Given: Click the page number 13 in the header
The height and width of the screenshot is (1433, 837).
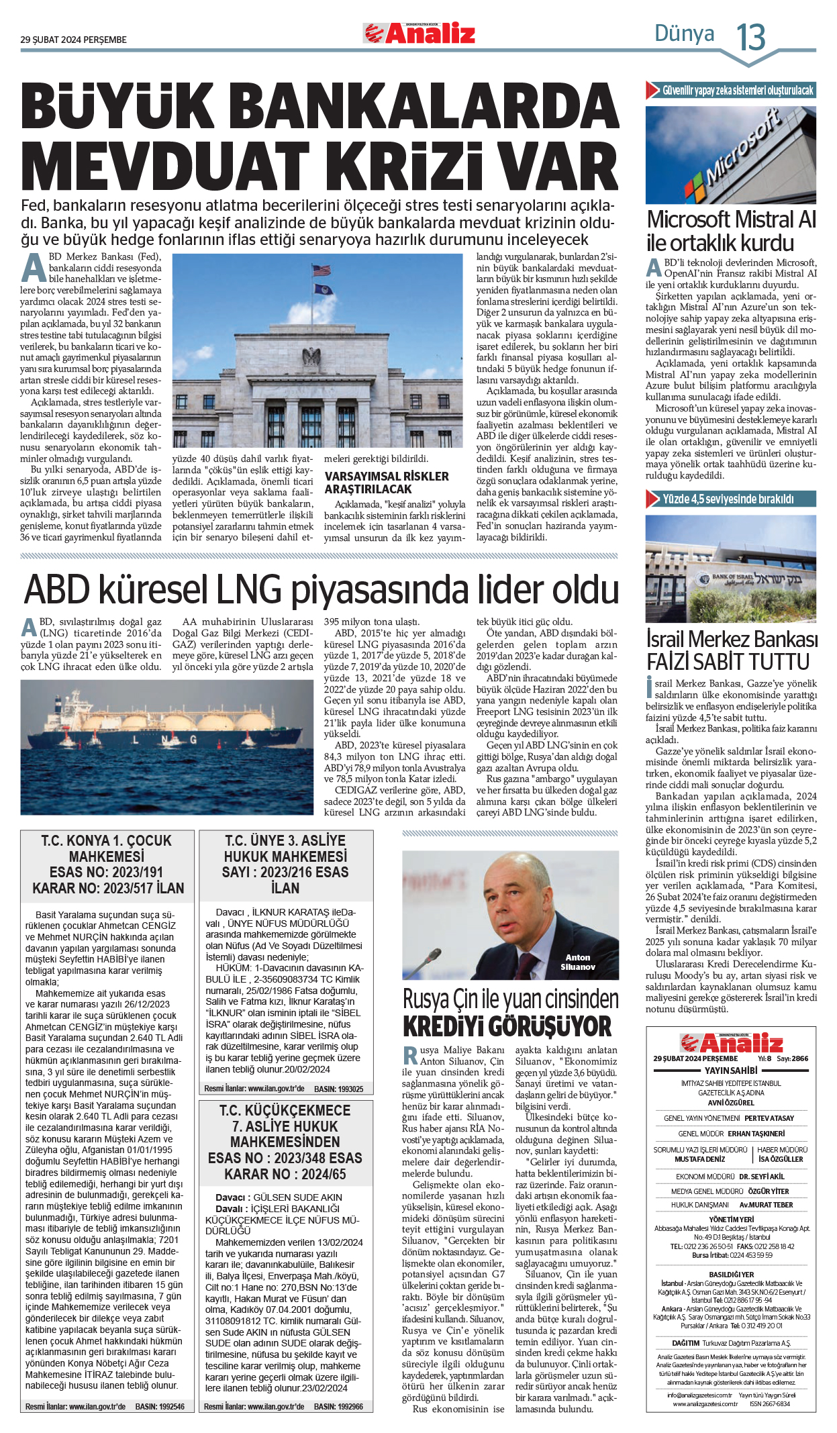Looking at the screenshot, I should tap(751, 37).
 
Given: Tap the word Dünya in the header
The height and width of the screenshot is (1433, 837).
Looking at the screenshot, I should tap(684, 34).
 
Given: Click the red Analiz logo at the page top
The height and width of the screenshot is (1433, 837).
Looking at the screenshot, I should tap(420, 34).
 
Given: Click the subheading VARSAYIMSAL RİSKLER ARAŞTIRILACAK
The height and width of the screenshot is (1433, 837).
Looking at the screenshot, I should tap(387, 483).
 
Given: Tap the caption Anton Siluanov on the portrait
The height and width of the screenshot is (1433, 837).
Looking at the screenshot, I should tap(577, 962).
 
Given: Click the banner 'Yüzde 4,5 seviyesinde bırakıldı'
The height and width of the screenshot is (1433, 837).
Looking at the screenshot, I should tap(728, 499).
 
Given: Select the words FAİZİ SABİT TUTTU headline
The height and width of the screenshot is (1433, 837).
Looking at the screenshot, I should tap(728, 662).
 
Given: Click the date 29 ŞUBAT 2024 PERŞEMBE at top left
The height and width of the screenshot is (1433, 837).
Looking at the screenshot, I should tap(73, 40).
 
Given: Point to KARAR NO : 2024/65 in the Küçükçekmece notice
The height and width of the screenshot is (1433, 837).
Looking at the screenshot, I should tap(285, 1174).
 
